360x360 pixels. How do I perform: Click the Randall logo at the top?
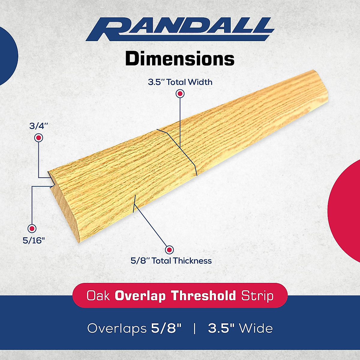180,29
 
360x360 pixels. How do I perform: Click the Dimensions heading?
180,59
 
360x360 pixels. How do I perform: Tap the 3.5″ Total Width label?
180,82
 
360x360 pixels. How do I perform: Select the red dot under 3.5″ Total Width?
180,94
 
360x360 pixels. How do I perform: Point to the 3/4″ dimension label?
39,126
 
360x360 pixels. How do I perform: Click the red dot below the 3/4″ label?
39,138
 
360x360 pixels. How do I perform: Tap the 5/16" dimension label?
34,240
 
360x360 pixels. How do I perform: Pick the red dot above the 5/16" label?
32,228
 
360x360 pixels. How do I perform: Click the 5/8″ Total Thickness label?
171,261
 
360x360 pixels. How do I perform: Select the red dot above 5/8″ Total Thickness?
169,250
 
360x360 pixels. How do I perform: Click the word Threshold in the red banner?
204,296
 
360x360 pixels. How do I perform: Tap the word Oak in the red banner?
98,296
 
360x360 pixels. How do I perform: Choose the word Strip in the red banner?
257,296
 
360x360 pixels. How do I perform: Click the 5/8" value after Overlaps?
166,328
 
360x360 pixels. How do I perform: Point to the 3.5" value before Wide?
221,328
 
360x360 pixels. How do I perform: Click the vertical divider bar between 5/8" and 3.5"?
195,328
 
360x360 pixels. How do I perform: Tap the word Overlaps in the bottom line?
117,328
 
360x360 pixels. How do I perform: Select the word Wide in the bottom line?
256,328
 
